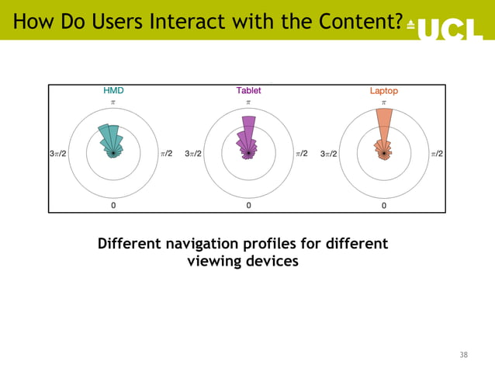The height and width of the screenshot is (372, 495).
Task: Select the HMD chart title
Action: (x=113, y=91)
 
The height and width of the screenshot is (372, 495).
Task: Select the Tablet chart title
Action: (x=248, y=91)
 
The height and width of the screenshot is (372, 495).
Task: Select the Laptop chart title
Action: (x=383, y=91)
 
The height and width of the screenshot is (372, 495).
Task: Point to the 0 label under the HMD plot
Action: (x=113, y=206)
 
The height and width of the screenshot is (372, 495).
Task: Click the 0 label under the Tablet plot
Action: (x=248, y=206)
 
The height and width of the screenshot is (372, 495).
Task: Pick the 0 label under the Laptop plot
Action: (x=383, y=206)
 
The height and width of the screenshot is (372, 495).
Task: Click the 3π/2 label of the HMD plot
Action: (x=58, y=154)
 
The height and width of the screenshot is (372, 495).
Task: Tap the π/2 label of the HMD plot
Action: (x=166, y=154)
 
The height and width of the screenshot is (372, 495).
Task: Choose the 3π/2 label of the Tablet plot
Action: (x=193, y=154)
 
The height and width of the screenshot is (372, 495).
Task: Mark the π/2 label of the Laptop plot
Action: (x=437, y=154)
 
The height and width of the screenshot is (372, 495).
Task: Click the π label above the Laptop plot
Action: (x=383, y=103)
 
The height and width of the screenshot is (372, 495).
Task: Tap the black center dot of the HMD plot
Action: (x=113, y=154)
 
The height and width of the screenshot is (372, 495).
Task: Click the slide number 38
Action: (x=463, y=355)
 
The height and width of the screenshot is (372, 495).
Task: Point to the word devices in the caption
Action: (x=272, y=262)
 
